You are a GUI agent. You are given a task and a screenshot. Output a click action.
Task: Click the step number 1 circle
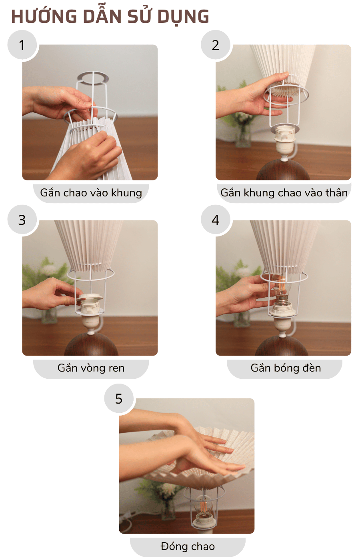tap(22, 45)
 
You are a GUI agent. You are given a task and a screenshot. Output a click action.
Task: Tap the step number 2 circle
tap(216, 45)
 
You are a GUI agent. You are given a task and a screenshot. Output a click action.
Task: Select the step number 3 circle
tap(22, 220)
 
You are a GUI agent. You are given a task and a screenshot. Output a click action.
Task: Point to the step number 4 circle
tap(216, 220)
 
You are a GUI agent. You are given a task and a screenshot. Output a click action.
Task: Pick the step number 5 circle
tap(119, 398)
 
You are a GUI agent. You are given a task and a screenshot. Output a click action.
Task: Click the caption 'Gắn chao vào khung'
tap(91, 193)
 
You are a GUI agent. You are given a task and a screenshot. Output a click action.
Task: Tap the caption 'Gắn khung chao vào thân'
tap(284, 193)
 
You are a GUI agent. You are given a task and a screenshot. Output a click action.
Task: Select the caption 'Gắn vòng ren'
tap(91, 368)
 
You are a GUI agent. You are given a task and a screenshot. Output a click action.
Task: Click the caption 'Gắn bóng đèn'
tap(286, 368)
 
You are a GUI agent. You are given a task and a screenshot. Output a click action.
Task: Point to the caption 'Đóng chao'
tap(188, 546)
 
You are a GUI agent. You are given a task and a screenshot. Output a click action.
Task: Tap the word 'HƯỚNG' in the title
tap(44, 17)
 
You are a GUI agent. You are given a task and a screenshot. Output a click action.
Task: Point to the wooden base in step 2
tap(283, 171)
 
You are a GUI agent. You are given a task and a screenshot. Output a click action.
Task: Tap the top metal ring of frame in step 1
tap(93, 77)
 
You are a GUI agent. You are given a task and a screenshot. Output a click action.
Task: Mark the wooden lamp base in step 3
tap(91, 345)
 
